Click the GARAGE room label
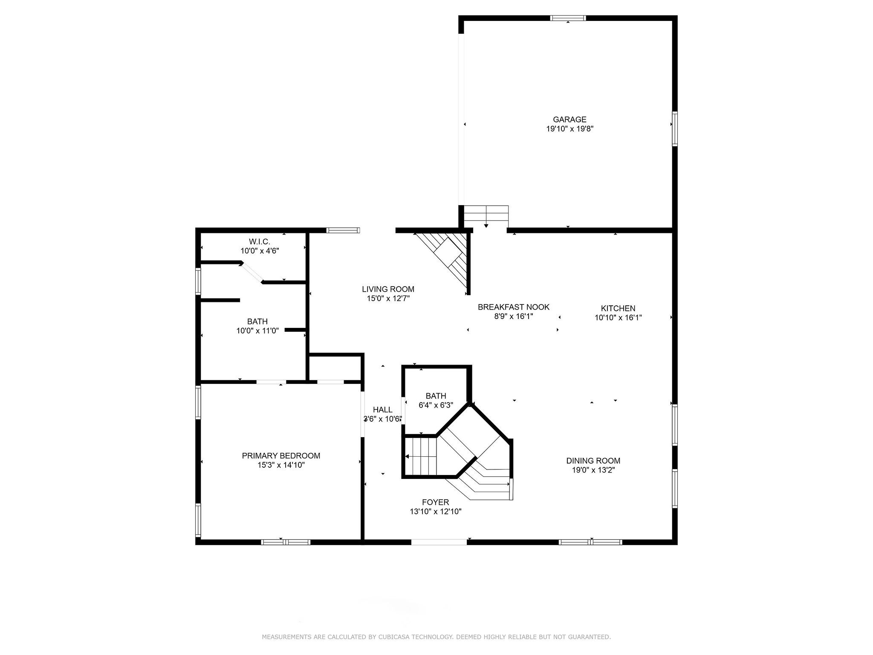click(569, 119)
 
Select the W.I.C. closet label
click(260, 242)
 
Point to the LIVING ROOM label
click(388, 289)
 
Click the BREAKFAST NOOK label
click(513, 307)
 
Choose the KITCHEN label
click(618, 308)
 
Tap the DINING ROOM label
click(593, 461)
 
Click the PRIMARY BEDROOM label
click(281, 455)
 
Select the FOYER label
click(435, 502)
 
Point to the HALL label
click(382, 410)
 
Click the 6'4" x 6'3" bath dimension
click(435, 405)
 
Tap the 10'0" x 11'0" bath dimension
click(257, 330)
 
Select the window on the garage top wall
click(568, 18)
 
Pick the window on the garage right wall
click(675, 129)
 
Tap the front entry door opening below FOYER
click(439, 542)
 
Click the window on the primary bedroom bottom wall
click(286, 542)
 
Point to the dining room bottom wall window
click(590, 542)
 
